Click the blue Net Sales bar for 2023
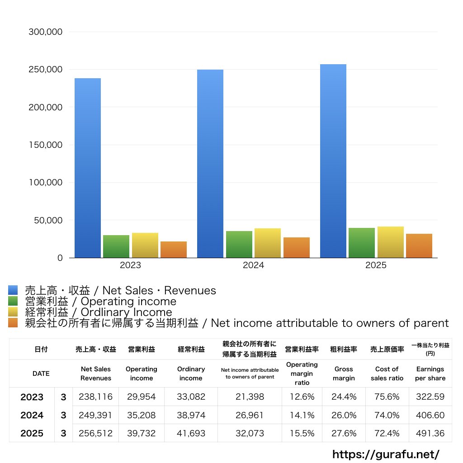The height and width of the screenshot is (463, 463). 88,168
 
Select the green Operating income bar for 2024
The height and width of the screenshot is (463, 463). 239,245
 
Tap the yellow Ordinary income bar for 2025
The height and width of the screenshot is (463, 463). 390,242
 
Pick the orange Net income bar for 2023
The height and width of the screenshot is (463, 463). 174,250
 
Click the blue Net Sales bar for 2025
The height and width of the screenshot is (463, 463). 333,161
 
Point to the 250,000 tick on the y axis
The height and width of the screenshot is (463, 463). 45,70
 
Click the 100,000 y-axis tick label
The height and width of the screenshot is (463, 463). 45,183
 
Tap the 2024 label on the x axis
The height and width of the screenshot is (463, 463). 253,265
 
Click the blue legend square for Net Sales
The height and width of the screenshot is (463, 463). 13,290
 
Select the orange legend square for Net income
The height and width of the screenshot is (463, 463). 13,323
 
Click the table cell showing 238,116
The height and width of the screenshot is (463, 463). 95,397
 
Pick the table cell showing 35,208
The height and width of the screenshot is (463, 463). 141,415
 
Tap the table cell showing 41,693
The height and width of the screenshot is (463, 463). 191,433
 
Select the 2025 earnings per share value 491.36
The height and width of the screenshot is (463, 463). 430,433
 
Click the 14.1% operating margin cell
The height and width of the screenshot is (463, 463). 302,415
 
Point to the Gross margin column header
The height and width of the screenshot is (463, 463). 344,373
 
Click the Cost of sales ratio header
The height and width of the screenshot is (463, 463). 387,373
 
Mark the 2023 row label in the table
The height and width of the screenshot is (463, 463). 32,397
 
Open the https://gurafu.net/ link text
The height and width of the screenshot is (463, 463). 386,454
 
